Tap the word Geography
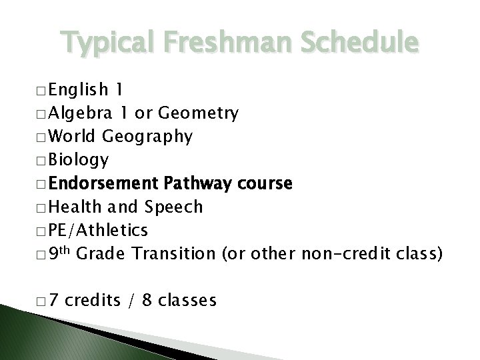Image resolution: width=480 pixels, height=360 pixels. (147, 137)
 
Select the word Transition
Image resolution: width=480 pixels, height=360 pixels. (174, 253)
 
